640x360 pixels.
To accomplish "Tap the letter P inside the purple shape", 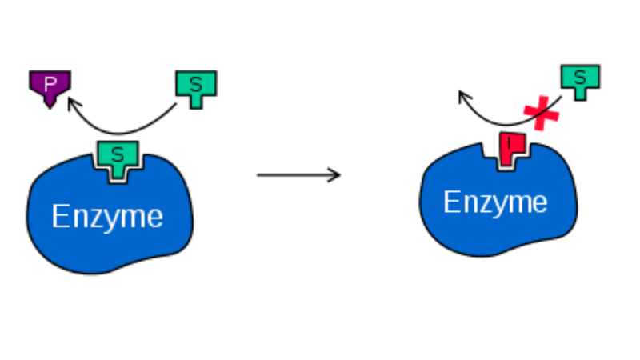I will point(50,81).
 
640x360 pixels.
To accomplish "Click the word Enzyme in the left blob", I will point(107,216).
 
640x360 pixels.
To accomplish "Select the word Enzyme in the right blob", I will point(495,202).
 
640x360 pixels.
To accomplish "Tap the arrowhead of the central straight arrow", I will point(338,174).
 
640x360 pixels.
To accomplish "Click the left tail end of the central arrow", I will point(258,174).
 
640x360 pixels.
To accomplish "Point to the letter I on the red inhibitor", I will point(510,144).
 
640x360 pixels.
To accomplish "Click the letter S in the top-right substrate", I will point(580,76).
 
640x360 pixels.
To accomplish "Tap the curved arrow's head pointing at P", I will point(70,100).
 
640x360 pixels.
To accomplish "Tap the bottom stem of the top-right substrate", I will point(580,94).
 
